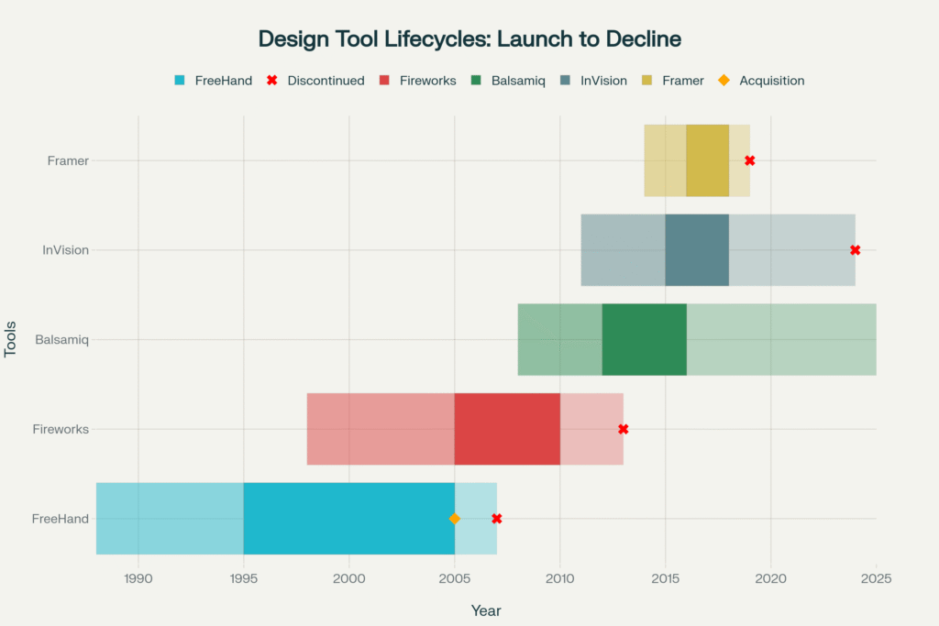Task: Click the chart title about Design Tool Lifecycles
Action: pyautogui.click(x=469, y=39)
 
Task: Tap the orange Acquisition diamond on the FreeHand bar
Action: pyautogui.click(x=455, y=519)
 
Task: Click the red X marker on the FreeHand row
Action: pyautogui.click(x=497, y=519)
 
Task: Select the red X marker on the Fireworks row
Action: pyautogui.click(x=624, y=429)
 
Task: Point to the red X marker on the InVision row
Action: pyautogui.click(x=856, y=250)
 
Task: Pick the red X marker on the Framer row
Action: pyautogui.click(x=750, y=160)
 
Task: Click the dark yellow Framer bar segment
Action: pyautogui.click(x=707, y=160)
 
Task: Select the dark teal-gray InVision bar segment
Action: pyautogui.click(x=697, y=250)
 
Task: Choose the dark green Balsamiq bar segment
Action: pyautogui.click(x=644, y=339)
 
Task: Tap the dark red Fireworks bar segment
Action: pyautogui.click(x=507, y=429)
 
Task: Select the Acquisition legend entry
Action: pyautogui.click(x=762, y=81)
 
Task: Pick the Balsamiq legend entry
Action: pyautogui.click(x=509, y=81)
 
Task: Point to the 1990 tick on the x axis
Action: pyautogui.click(x=138, y=578)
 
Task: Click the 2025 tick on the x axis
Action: pyautogui.click(x=877, y=578)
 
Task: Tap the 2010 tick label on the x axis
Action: pyautogui.click(x=560, y=578)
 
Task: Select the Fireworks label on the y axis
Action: pyautogui.click(x=61, y=429)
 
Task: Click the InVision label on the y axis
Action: pyautogui.click(x=66, y=250)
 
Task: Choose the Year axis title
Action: pyautogui.click(x=486, y=610)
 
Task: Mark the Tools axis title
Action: pyautogui.click(x=11, y=339)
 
